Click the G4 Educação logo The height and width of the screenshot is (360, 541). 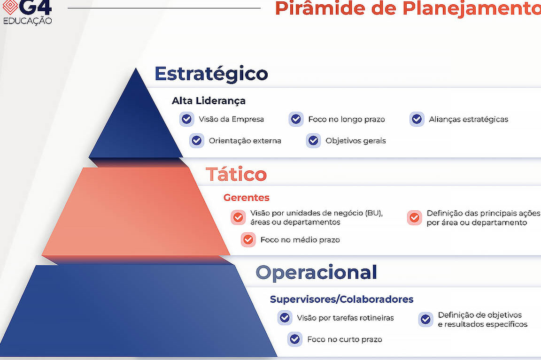pos(27,12)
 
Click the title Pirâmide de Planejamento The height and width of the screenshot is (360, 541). pos(408,8)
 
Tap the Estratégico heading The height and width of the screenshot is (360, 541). pos(211,73)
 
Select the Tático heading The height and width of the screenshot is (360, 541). pos(236,174)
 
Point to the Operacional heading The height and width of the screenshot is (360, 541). pos(317,272)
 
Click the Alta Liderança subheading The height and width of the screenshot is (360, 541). pos(209,101)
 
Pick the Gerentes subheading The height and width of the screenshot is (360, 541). pos(247,198)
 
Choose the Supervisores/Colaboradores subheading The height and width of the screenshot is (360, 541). pos(341,299)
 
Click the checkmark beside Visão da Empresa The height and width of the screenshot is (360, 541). pos(186,119)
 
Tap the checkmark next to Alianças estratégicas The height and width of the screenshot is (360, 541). pos(417,119)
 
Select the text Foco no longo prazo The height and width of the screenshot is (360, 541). pos(347,119)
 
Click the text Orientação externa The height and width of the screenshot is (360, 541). pos(245,141)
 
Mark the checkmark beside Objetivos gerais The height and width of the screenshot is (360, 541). pos(313,141)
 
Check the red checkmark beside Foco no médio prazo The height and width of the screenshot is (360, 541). pos(248,240)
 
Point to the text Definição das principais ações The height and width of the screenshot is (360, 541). pos(483,214)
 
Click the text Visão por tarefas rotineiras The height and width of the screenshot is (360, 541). pos(345,318)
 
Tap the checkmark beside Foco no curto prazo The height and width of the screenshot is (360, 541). pos(294,339)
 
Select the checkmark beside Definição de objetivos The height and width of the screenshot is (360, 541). pos(426,320)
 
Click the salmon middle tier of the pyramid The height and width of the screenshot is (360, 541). pos(136,211)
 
